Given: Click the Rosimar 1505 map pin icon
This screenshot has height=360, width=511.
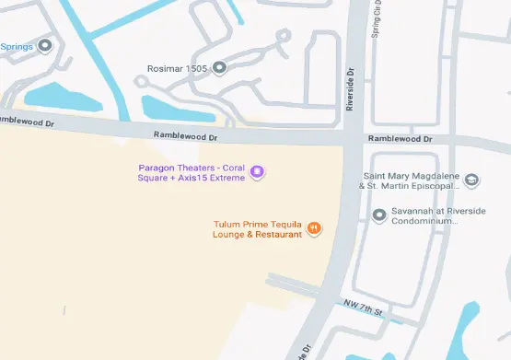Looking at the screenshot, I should tap(219, 67).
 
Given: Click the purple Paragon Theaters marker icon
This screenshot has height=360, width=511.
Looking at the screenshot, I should tap(258, 171).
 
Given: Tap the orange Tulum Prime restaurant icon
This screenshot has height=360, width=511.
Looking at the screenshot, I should tap(314, 227).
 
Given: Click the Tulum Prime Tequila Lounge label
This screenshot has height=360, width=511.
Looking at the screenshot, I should tap(258, 229).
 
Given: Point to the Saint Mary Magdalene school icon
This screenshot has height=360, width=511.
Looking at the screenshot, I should tap(471, 180).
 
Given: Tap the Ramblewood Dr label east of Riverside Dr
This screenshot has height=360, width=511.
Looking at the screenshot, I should tap(400, 138).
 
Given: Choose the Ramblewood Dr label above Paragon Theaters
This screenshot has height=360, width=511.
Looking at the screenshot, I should tap(187, 136).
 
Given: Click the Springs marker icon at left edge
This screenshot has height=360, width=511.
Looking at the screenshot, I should tap(44, 45).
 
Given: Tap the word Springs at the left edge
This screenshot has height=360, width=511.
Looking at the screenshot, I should tap(17, 46).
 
